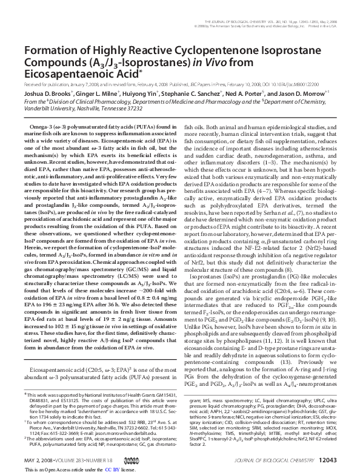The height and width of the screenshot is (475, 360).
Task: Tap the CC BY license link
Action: coord(112,470)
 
